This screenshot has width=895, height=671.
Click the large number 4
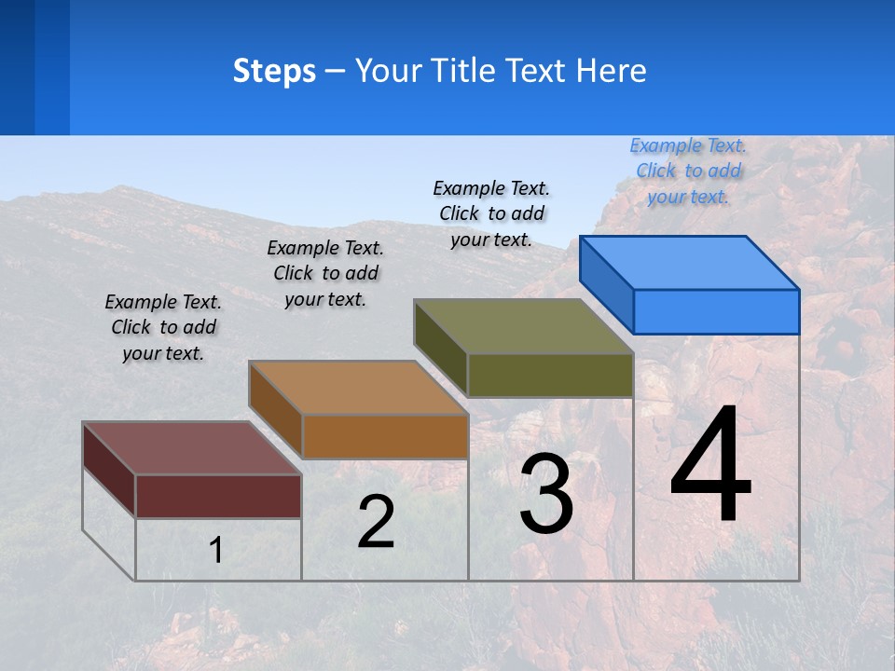click(x=710, y=466)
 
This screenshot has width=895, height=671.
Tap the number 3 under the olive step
click(x=546, y=494)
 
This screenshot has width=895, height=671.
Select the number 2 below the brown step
click(x=376, y=522)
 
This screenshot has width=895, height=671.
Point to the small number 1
click(x=216, y=550)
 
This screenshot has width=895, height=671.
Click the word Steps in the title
click(x=274, y=71)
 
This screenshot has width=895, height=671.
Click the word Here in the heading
click(x=612, y=71)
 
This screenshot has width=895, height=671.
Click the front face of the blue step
click(x=716, y=311)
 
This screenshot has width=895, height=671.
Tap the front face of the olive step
click(x=550, y=375)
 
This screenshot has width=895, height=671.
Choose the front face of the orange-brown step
click(x=384, y=436)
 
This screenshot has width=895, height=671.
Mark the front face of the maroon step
click(x=218, y=496)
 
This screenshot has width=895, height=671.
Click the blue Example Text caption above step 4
click(x=688, y=171)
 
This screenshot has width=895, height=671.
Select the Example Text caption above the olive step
click(x=491, y=213)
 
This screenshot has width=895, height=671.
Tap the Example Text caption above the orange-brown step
click(x=325, y=273)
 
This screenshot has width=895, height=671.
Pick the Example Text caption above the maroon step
click(x=163, y=327)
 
